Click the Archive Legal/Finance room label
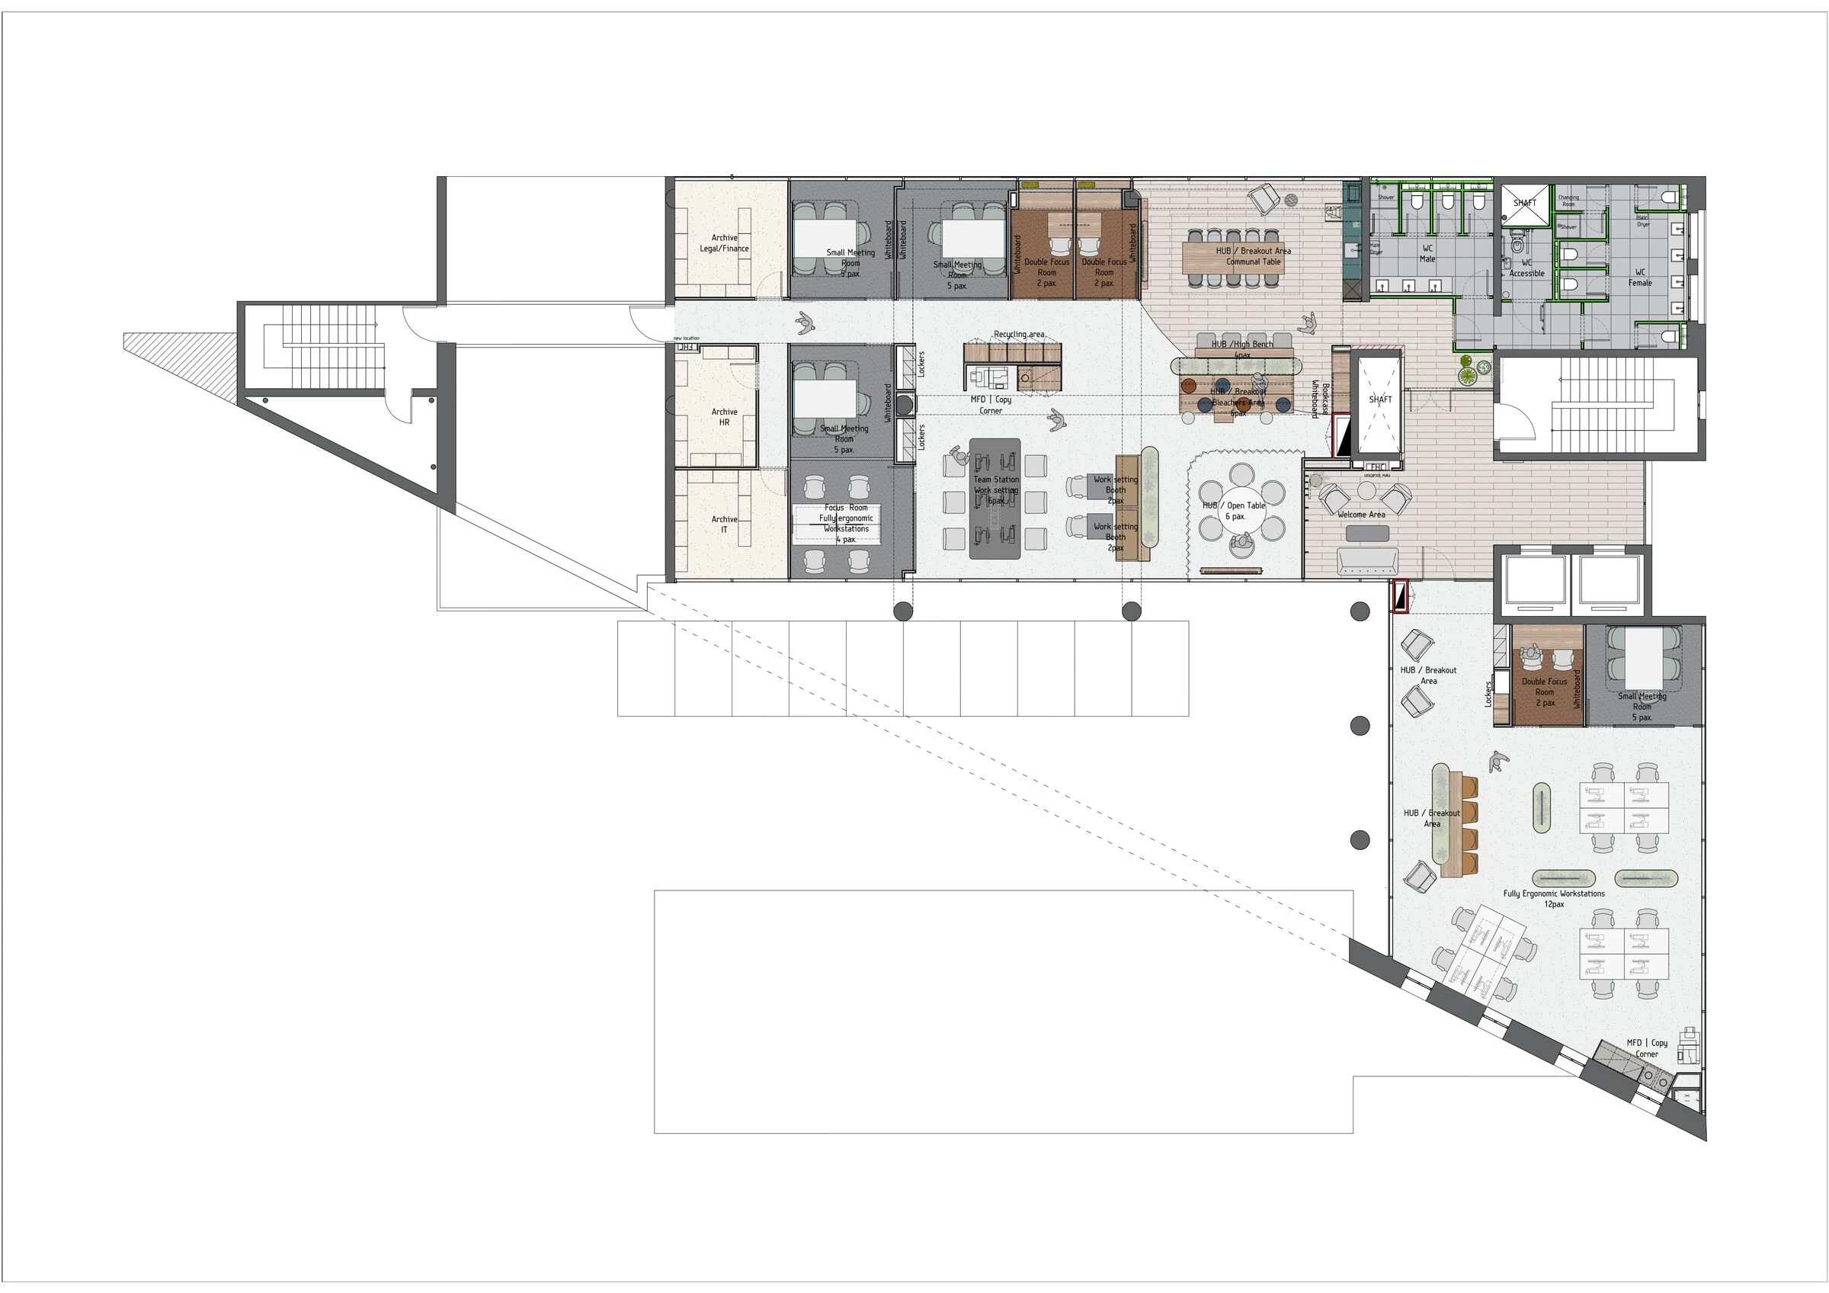point(724,243)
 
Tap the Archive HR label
point(724,417)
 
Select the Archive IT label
point(724,524)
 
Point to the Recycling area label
point(1019,334)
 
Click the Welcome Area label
point(1360,515)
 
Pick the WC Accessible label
point(1526,268)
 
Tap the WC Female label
point(1639,278)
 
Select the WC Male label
point(1427,253)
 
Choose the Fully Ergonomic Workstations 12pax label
point(1553,899)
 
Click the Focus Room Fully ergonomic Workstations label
point(846,524)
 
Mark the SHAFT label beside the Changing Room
point(1525,203)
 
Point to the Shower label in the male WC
point(1386,197)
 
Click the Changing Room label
point(1568,201)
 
